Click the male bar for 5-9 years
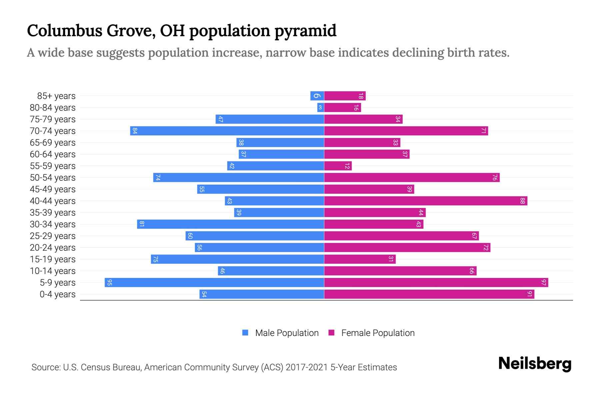tap(214, 282)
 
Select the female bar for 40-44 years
tap(426, 201)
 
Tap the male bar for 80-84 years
tap(320, 107)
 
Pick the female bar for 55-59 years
tap(338, 166)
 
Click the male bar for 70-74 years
tap(227, 131)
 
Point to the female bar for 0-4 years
tap(429, 294)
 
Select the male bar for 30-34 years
tap(230, 224)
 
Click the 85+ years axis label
tap(56, 96)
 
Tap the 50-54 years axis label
tap(53, 178)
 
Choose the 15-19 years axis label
tap(53, 259)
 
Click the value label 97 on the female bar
tap(544, 283)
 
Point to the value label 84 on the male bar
tap(135, 131)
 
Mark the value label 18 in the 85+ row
tap(361, 96)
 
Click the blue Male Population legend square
tap(245, 333)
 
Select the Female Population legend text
tap(378, 333)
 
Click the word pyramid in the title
tap(305, 31)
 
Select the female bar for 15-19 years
tap(360, 259)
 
